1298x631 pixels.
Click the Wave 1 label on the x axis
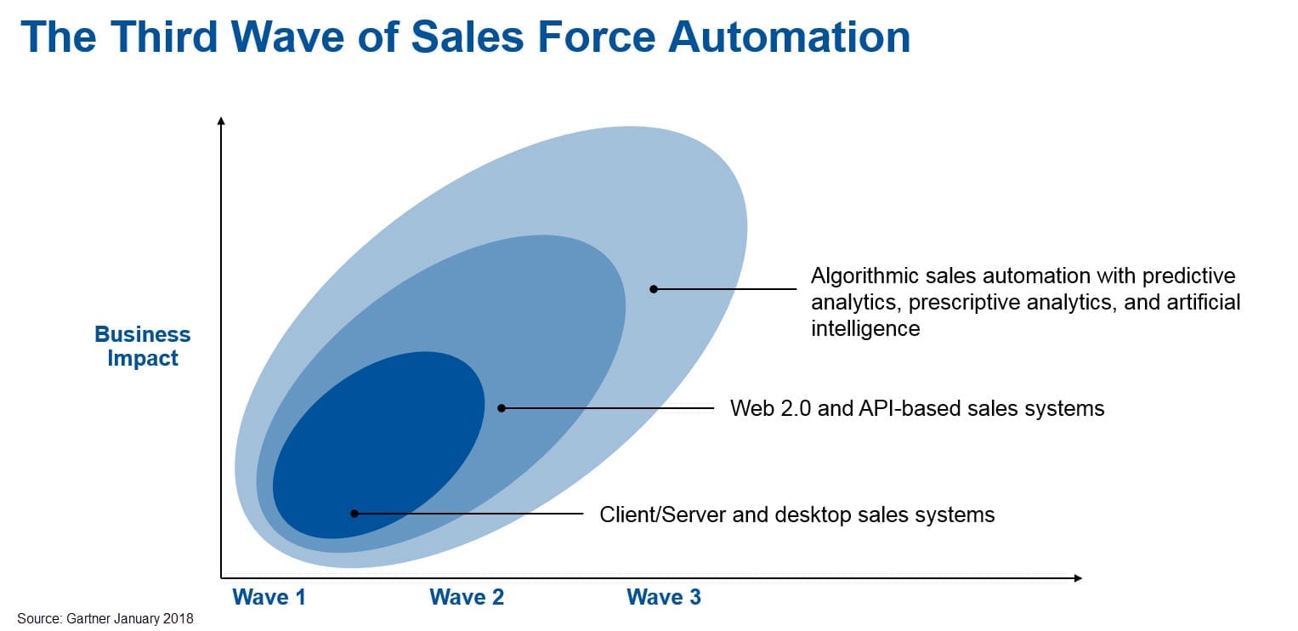click(x=269, y=597)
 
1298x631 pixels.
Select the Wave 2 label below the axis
click(x=467, y=597)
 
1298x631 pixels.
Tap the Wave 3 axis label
click(x=664, y=597)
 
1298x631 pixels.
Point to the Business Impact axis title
click(x=143, y=346)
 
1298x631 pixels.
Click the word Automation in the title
click(x=789, y=37)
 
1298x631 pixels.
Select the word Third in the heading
click(x=163, y=37)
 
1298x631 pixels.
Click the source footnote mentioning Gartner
click(x=105, y=618)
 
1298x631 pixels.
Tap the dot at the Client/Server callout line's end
click(x=354, y=514)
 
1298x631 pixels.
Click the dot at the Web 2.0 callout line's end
click(x=502, y=408)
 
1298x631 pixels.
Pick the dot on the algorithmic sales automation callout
click(x=654, y=289)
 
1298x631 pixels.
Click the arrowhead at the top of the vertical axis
click(x=221, y=121)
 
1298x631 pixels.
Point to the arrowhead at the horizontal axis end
click(x=1078, y=577)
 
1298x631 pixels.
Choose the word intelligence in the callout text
click(x=865, y=329)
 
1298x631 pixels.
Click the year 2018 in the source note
click(x=178, y=618)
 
